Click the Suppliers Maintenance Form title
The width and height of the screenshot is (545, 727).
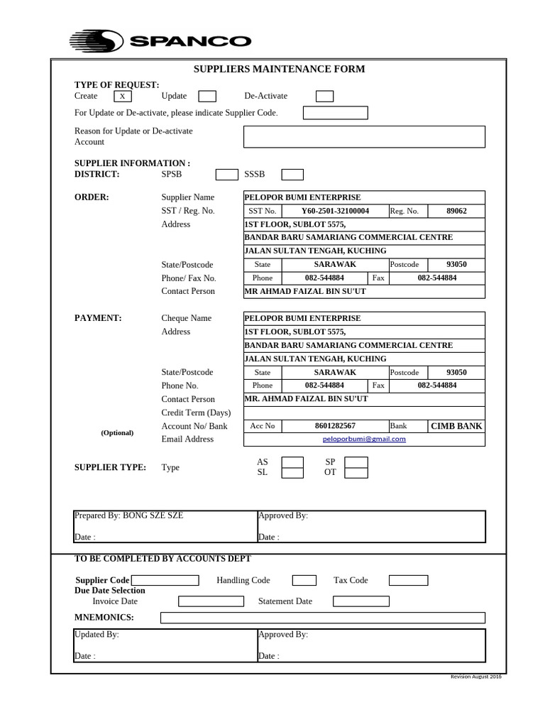(280, 69)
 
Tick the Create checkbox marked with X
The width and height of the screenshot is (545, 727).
(122, 97)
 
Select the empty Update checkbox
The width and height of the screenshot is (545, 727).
(207, 97)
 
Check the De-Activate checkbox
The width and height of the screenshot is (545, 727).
(324, 97)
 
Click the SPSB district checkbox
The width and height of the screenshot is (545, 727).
(227, 175)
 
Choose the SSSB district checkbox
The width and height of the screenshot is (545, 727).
(292, 175)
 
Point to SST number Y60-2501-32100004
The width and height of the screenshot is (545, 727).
(335, 211)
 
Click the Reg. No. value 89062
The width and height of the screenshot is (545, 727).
(456, 211)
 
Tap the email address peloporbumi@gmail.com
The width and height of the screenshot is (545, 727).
(364, 439)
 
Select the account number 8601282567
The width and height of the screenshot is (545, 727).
(335, 426)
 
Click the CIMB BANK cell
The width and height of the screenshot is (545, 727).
(456, 426)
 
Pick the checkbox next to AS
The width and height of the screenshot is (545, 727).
(292, 463)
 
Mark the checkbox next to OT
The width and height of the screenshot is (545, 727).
(356, 473)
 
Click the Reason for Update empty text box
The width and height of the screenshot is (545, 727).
(364, 136)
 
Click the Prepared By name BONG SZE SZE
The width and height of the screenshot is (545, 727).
(153, 516)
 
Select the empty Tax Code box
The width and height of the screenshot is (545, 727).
(400, 581)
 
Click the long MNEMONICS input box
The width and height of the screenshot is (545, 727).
(323, 618)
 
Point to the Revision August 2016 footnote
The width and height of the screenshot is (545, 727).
(476, 677)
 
